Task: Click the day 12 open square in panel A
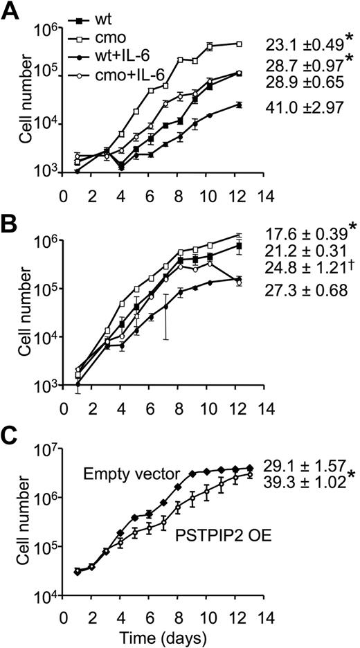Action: [239, 44]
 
